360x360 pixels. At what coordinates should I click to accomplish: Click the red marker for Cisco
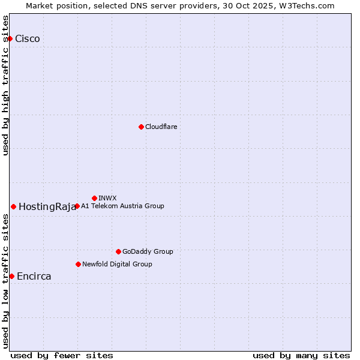point(10,38)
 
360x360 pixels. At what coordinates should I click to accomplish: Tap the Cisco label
point(28,39)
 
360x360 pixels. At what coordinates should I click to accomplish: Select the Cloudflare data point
point(141,127)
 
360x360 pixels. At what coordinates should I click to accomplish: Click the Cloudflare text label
point(161,127)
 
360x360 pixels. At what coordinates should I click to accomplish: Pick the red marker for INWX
point(94,198)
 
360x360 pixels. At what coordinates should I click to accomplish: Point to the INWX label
point(107,198)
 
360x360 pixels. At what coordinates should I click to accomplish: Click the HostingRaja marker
point(13,206)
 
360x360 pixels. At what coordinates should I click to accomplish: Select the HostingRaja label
point(47,207)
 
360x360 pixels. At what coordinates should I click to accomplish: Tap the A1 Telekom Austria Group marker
point(77,206)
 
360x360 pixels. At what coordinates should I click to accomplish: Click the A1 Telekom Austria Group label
point(122,206)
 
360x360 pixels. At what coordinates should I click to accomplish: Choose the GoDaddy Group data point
point(118,251)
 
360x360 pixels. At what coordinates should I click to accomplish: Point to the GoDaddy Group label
point(148,251)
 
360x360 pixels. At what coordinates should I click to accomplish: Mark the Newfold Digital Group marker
point(78,264)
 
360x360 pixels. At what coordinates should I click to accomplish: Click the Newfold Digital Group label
point(117,264)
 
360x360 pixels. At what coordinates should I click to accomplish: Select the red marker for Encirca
point(11,276)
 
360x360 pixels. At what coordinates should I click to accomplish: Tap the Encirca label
point(34,277)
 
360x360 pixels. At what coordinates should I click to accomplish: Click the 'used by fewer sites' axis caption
point(62,355)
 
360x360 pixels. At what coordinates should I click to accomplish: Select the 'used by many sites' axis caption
point(301,355)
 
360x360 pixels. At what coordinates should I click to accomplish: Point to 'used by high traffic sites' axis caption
point(5,85)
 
